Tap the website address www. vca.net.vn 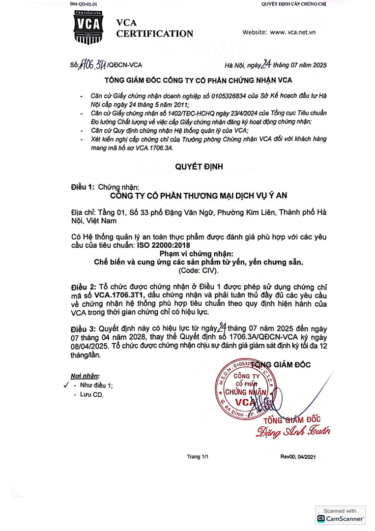pyautogui.click(x=292, y=32)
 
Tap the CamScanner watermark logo pyautogui.click(x=340, y=515)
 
